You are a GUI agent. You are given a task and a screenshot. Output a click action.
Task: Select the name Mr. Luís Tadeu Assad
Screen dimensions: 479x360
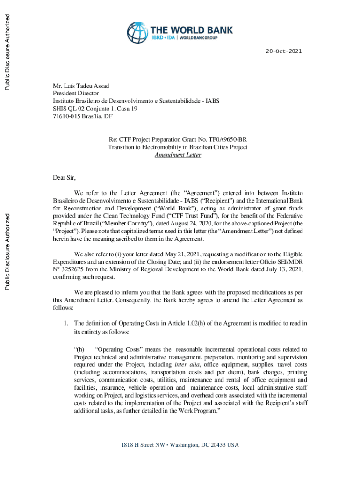coord(81,86)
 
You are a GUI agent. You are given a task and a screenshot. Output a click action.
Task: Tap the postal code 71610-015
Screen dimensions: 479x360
coord(68,116)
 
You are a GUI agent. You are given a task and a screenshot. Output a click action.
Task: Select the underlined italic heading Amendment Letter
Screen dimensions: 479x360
coord(178,155)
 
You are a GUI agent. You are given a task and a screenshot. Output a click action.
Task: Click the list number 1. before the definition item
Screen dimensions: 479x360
coord(66,323)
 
